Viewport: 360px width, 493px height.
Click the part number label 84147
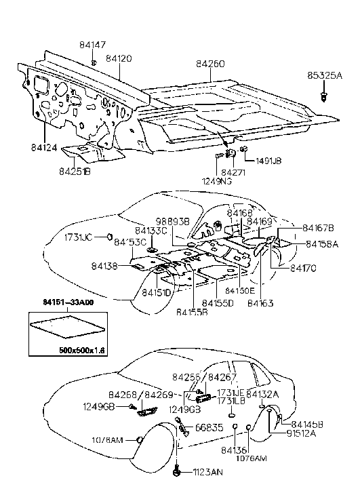[93, 45]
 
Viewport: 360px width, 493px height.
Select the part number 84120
[116, 59]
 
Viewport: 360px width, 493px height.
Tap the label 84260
[210, 64]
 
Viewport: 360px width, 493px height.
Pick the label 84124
[45, 146]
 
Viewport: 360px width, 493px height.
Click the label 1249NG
[215, 181]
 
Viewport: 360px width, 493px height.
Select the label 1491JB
[268, 161]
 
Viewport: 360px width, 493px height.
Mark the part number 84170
[304, 269]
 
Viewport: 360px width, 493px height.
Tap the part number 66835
[209, 427]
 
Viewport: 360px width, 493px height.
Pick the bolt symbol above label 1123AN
[176, 468]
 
